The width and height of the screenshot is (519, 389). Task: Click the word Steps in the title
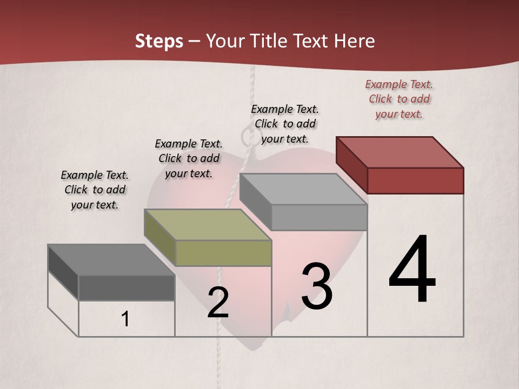[159, 41]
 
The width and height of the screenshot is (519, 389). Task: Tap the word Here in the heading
[355, 41]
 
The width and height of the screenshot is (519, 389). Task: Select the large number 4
[412, 270]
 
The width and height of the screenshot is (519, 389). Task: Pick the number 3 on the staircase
[317, 286]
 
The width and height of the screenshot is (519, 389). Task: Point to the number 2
[218, 303]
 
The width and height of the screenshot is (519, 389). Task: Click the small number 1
[125, 319]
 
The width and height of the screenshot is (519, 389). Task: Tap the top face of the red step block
[400, 152]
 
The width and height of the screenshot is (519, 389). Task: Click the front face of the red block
[415, 180]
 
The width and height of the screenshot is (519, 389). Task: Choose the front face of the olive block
[223, 253]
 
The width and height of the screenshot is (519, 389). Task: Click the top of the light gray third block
[303, 189]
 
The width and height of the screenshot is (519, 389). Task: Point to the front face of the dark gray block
[127, 287]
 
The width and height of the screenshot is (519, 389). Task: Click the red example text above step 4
[399, 99]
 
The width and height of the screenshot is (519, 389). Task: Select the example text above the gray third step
[285, 124]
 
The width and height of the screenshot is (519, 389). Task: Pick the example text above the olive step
[189, 158]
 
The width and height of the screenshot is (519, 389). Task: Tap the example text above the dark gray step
[95, 190]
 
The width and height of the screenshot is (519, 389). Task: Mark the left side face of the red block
[351, 164]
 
